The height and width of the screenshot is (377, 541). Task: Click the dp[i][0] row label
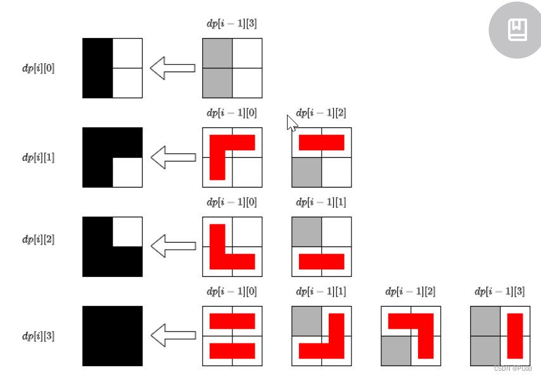coord(39,68)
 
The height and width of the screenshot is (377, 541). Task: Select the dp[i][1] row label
coord(39,158)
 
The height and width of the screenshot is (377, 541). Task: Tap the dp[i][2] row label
coord(39,240)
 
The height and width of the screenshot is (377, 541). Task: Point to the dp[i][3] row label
coord(39,336)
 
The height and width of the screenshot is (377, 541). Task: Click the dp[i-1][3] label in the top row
coord(232,24)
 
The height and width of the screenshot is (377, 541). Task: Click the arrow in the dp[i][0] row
coord(172,68)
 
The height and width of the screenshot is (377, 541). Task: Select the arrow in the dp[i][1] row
coord(172,157)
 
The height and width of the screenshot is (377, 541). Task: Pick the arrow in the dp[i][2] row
coord(172,246)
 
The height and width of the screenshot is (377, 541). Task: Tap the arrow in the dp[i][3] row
coord(172,336)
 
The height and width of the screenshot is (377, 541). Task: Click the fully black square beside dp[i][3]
coord(112,336)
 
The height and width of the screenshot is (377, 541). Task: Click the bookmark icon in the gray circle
coord(517,30)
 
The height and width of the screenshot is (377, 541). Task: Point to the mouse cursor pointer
coord(291,122)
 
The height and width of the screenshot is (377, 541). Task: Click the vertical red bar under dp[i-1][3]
coord(515,335)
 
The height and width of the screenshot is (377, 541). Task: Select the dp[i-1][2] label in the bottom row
coord(411,292)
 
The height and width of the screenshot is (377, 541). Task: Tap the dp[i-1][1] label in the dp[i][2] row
coord(321,203)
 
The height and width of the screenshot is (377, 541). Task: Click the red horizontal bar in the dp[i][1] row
coord(321,143)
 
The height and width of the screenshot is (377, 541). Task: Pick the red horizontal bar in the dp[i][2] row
coord(321,261)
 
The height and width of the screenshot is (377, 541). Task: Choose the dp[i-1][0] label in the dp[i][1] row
coord(232,113)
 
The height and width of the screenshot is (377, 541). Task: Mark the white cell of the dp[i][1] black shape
coord(127,172)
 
